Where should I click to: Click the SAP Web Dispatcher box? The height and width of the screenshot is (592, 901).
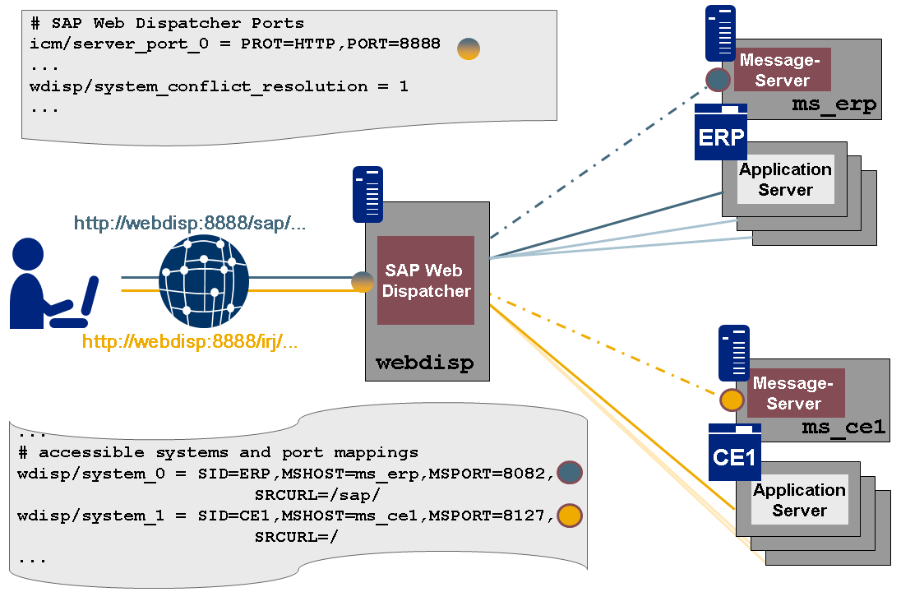click(426, 280)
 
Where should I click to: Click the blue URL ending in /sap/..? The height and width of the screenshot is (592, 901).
click(190, 224)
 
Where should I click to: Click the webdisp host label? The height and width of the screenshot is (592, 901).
click(424, 363)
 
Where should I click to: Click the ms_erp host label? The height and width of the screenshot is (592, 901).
click(834, 105)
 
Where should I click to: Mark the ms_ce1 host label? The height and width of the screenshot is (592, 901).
click(843, 427)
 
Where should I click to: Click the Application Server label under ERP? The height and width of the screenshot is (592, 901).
click(786, 179)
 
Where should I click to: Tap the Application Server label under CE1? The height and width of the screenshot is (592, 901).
click(799, 500)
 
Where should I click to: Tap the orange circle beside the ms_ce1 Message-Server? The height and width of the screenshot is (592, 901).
click(732, 400)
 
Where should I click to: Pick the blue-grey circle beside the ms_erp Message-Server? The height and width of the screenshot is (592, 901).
click(718, 79)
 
